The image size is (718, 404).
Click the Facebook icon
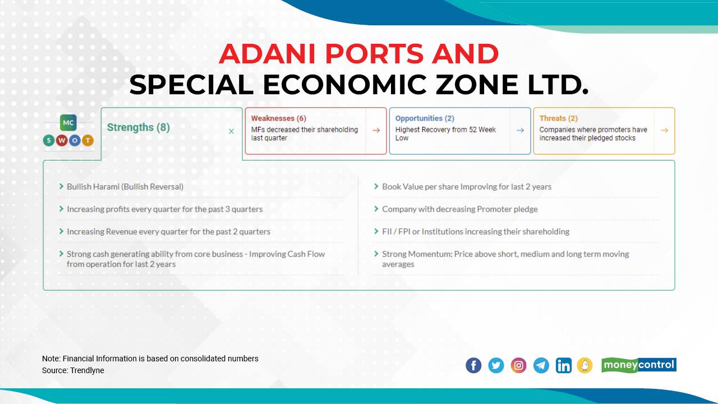pos(473,365)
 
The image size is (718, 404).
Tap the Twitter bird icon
pos(496,365)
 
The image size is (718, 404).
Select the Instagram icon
pos(519,365)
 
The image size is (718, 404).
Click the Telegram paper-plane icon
pos(541,365)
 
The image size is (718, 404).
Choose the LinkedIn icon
pos(564,365)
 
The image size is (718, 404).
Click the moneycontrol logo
pos(639,365)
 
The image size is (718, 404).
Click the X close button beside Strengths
pos(231,131)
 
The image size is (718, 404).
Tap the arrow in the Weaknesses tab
pos(376,130)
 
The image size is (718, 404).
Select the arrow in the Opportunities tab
pos(520,130)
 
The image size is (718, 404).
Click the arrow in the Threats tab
pos(664,130)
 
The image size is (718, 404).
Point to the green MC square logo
pos(68,122)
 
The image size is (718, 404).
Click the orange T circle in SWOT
pos(88,140)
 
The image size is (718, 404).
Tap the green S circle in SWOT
pos(49,140)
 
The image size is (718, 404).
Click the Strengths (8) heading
pos(139,127)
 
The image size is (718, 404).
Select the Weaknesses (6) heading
pos(278,118)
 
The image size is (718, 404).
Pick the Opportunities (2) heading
pos(425,118)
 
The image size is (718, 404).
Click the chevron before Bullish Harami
pos(61,186)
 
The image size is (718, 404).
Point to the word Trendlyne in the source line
pos(87,370)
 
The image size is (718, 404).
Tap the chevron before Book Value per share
pos(376,186)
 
